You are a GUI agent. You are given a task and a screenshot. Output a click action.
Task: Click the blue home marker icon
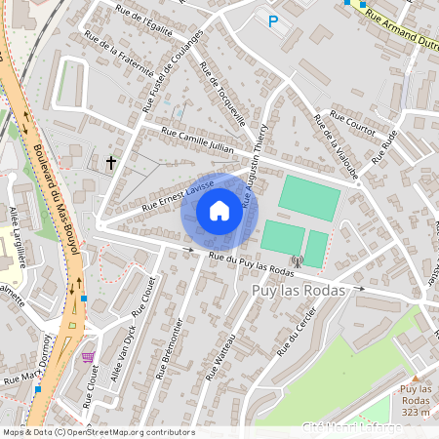pos(219,211)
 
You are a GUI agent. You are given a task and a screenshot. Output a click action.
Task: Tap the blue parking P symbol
pos(273,20)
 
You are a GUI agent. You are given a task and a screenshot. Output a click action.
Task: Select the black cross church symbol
pos(111,163)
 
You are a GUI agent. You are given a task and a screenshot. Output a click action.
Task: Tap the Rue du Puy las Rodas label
pos(251,262)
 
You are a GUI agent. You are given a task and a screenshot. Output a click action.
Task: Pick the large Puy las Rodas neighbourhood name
pos(294,289)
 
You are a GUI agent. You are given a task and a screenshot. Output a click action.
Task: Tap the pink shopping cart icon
pos(89,357)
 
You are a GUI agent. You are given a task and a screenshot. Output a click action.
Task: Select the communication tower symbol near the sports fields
pos(298,260)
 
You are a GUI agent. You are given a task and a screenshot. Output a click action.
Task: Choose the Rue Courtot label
pos(352,124)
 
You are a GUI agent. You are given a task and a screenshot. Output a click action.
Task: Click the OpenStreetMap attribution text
pos(98,432)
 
